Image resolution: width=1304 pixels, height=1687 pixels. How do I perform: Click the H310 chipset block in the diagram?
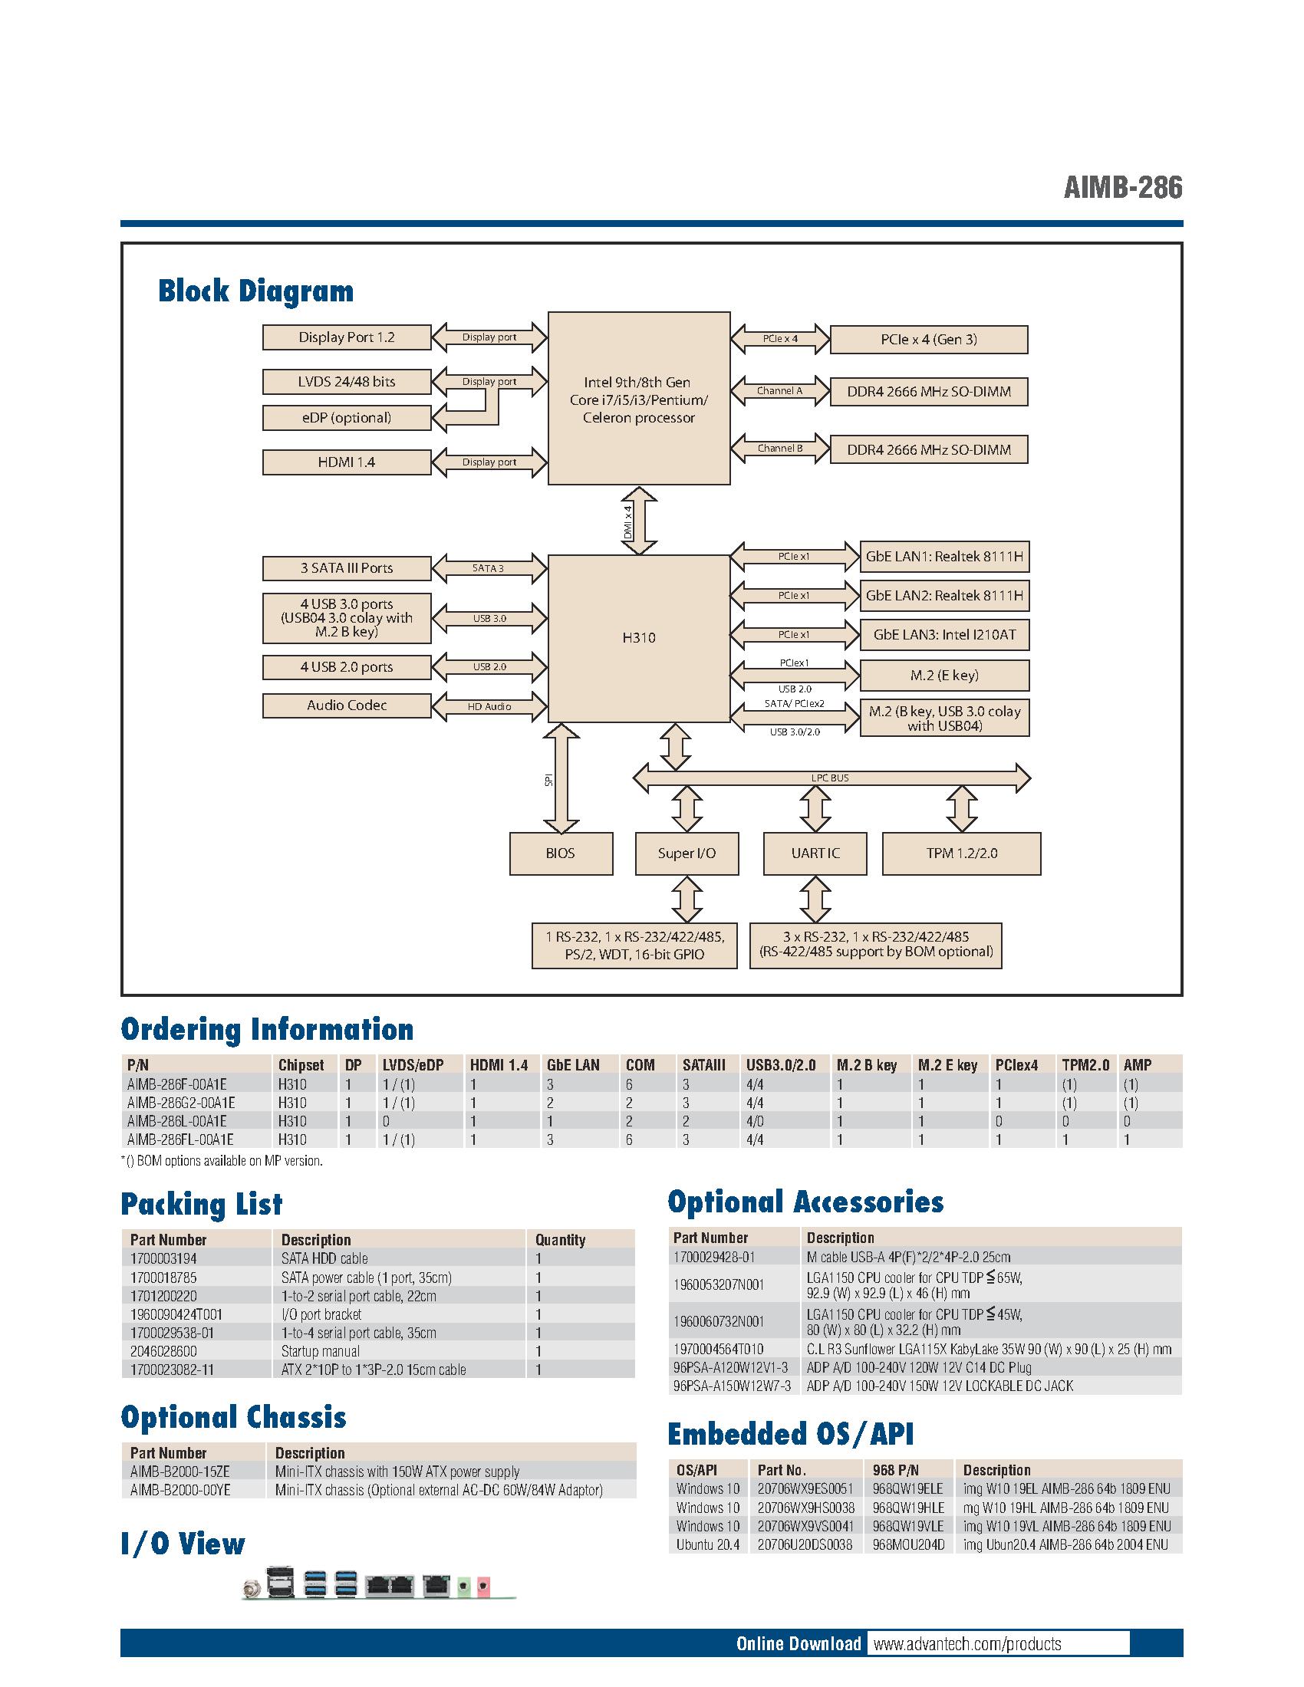coord(638,638)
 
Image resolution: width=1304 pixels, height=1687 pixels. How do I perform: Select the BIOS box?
coord(561,853)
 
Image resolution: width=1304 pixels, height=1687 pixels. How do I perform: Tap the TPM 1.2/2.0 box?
coord(961,853)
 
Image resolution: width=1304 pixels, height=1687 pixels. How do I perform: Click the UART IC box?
coord(815,853)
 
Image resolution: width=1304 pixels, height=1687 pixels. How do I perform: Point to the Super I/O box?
coord(687,853)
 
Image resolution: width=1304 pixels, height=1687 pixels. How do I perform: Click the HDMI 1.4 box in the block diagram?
coord(346,462)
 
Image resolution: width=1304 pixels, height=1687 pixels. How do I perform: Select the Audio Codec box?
coord(346,705)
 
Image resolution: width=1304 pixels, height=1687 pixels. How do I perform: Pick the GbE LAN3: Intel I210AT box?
coord(944,635)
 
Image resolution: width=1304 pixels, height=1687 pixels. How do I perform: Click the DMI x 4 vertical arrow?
coord(639,521)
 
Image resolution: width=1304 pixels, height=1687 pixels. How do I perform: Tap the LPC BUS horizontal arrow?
coord(831,778)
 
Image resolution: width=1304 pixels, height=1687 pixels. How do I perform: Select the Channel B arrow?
coord(779,448)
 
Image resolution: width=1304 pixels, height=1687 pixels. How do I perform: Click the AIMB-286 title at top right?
coord(1122,188)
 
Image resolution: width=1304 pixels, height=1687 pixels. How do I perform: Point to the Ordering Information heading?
coord(267,1030)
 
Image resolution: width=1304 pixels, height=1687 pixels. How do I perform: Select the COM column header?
coord(640,1065)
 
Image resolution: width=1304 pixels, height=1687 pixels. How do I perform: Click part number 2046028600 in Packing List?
coord(164,1351)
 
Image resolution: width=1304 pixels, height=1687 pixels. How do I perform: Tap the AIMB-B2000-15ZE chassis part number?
coord(180,1472)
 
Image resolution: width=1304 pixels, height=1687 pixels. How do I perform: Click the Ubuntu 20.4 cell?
coord(708,1545)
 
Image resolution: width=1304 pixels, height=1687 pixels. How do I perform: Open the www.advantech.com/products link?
coord(967,1644)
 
